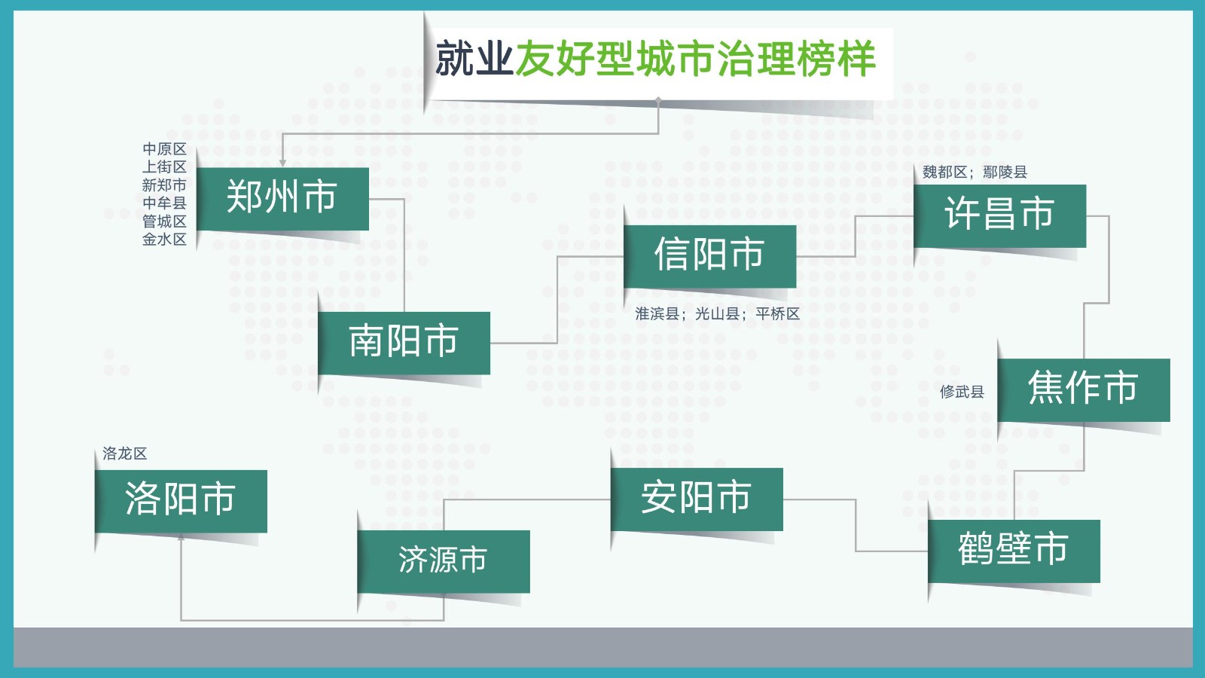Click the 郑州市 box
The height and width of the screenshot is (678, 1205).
[x=282, y=199]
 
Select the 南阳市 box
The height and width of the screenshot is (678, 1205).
[x=404, y=343]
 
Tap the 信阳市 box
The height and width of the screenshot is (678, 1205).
[x=709, y=256]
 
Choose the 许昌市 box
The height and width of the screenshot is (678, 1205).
[x=999, y=215]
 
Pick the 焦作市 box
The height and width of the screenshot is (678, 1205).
[x=1084, y=389]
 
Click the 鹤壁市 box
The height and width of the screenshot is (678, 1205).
[x=1014, y=551]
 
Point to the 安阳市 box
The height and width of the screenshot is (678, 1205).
[x=697, y=499]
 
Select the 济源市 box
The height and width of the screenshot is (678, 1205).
[x=444, y=561]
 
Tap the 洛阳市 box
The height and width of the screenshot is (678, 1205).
[x=181, y=501]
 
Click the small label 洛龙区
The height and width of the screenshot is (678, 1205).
[x=124, y=454]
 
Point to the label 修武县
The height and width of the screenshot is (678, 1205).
[x=962, y=392]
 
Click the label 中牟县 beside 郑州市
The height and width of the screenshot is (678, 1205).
[x=164, y=203]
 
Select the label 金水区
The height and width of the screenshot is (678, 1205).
[x=164, y=240]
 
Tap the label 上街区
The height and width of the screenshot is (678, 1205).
[x=164, y=166]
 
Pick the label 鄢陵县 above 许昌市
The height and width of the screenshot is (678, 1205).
[x=1005, y=173]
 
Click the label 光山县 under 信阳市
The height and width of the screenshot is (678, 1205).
[x=717, y=313]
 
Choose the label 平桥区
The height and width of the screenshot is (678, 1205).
[x=777, y=313]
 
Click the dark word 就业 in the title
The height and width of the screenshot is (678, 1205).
[x=474, y=58]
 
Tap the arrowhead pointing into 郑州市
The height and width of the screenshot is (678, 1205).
[x=282, y=163]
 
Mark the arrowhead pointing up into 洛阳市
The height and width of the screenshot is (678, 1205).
[x=181, y=536]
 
